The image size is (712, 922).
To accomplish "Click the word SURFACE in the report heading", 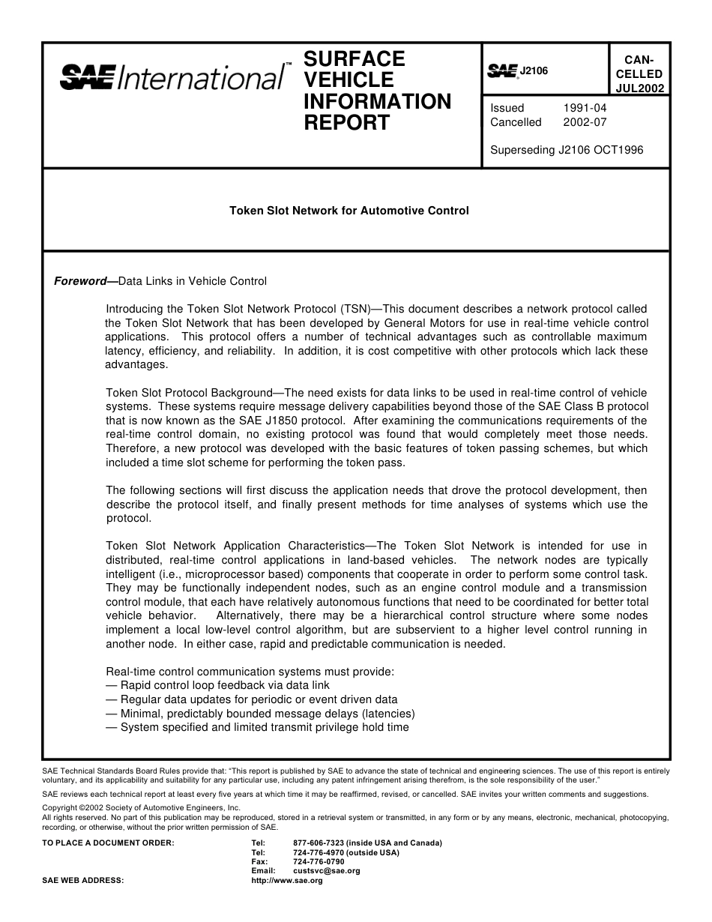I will coord(354,59).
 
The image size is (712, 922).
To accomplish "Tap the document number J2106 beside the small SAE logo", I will coord(534,70).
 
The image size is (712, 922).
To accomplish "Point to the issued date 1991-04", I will coord(585,108).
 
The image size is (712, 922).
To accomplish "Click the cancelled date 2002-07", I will coord(585,122).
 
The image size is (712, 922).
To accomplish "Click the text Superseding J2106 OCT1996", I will coord(567,150).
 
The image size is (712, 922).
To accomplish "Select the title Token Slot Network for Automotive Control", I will coord(349,211).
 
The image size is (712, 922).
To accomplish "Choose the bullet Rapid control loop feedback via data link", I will coord(217,685).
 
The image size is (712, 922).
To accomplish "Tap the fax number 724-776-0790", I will coord(319,862).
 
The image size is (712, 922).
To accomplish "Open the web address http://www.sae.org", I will coord(287,881).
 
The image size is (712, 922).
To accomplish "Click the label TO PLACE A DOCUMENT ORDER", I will coord(108,843).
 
